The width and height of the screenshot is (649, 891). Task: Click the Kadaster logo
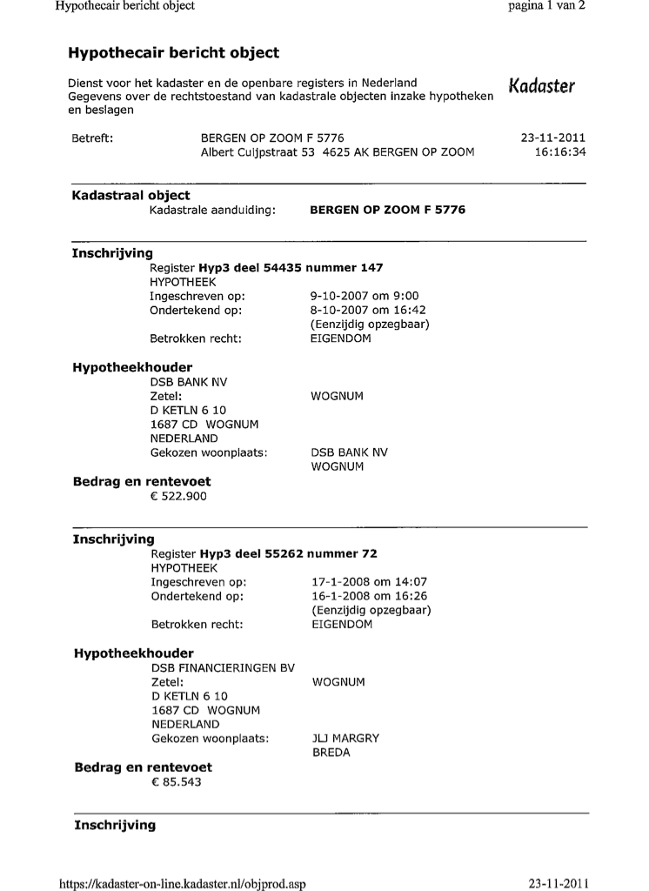click(x=541, y=86)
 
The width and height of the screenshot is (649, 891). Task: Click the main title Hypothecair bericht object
click(x=173, y=53)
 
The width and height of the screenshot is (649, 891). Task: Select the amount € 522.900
click(x=179, y=497)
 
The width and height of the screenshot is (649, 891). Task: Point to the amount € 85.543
click(x=177, y=783)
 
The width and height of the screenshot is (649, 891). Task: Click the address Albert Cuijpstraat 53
click(x=257, y=152)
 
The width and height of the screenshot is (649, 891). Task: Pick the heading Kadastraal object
click(x=130, y=196)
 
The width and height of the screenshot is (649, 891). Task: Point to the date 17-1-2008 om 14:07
click(x=369, y=582)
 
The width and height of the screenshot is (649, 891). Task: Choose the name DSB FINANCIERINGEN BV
click(x=223, y=668)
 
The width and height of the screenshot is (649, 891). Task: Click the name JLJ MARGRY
click(x=345, y=739)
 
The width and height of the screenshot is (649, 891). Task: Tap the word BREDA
click(x=331, y=753)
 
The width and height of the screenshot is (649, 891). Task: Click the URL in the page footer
click(x=182, y=884)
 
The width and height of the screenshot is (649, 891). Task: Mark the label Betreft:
click(x=92, y=138)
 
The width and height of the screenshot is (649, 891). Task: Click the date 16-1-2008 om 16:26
click(x=369, y=596)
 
